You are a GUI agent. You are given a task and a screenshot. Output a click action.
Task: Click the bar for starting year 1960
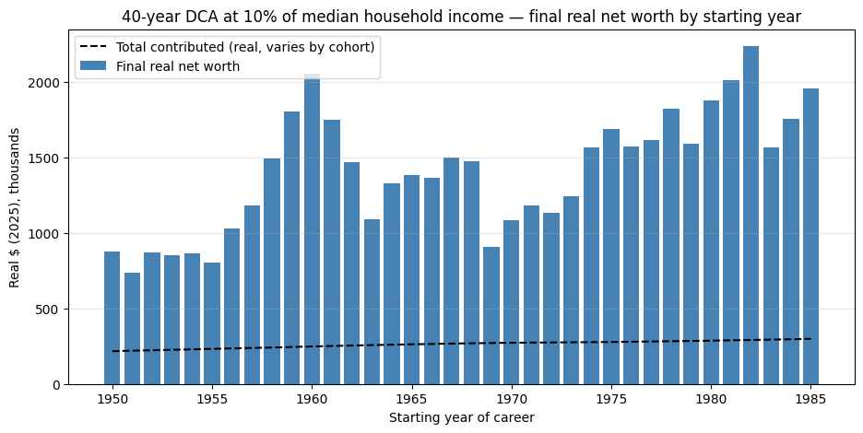(x=312, y=228)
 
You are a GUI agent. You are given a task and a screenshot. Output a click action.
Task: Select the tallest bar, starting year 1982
(x=751, y=216)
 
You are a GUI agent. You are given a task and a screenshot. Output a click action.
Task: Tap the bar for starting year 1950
(x=112, y=318)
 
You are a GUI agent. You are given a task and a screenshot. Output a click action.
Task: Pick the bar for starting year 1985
(x=810, y=237)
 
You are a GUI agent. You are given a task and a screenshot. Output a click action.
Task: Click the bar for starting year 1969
(x=491, y=316)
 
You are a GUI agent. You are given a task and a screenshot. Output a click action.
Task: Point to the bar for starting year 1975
(x=611, y=257)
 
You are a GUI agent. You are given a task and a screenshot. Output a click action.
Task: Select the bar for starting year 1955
(x=212, y=323)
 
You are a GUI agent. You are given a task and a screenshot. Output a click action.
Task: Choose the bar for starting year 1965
(x=412, y=280)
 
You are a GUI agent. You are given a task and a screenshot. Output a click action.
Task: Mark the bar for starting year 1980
(x=711, y=242)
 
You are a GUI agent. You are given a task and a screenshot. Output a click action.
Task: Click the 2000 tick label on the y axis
(x=41, y=83)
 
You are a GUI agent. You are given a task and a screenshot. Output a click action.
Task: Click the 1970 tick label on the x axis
(x=512, y=399)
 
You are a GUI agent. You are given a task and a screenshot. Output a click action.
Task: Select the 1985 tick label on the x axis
(x=810, y=399)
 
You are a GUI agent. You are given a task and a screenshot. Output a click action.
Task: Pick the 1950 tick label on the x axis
(x=112, y=399)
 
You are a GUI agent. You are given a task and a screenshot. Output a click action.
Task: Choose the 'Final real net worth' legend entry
(x=160, y=66)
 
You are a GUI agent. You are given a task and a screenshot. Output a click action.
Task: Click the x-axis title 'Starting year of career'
(x=462, y=418)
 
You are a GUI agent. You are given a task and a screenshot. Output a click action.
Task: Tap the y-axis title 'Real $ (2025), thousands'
(x=15, y=207)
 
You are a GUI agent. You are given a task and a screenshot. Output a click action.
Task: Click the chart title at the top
(x=462, y=18)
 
